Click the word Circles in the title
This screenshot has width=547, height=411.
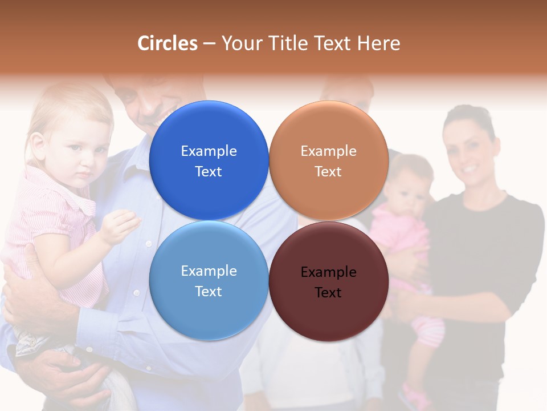(168, 43)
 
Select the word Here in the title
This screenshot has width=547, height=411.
(379, 43)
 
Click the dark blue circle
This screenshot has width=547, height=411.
(209, 160)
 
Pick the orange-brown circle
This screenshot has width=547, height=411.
(329, 160)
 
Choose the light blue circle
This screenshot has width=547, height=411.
(209, 280)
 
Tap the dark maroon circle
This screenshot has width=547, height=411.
(329, 281)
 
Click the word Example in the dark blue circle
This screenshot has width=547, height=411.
(209, 151)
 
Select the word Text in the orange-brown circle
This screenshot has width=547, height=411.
(328, 171)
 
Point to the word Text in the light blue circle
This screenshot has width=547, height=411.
(209, 291)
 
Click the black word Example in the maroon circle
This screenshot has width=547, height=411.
(328, 272)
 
